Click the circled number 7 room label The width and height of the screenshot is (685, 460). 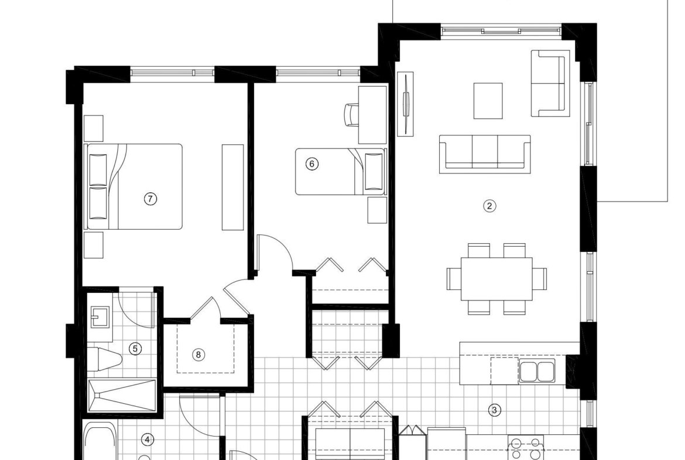click(150, 199)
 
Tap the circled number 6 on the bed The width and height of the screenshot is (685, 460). click(311, 164)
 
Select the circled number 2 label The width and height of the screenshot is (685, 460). click(489, 206)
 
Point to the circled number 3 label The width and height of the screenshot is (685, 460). click(495, 410)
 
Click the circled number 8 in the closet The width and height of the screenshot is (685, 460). click(198, 355)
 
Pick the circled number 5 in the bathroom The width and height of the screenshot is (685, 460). click(135, 349)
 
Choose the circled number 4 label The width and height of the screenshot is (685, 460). click(148, 439)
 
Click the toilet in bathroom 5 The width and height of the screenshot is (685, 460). click(104, 358)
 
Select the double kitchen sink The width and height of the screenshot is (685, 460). click(537, 371)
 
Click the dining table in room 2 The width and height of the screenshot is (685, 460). click(496, 279)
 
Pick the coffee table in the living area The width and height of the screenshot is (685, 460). click(488, 101)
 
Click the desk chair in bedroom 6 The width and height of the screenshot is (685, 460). click(351, 115)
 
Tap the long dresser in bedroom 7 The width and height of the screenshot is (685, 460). click(232, 187)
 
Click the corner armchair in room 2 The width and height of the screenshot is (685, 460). click(550, 84)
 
